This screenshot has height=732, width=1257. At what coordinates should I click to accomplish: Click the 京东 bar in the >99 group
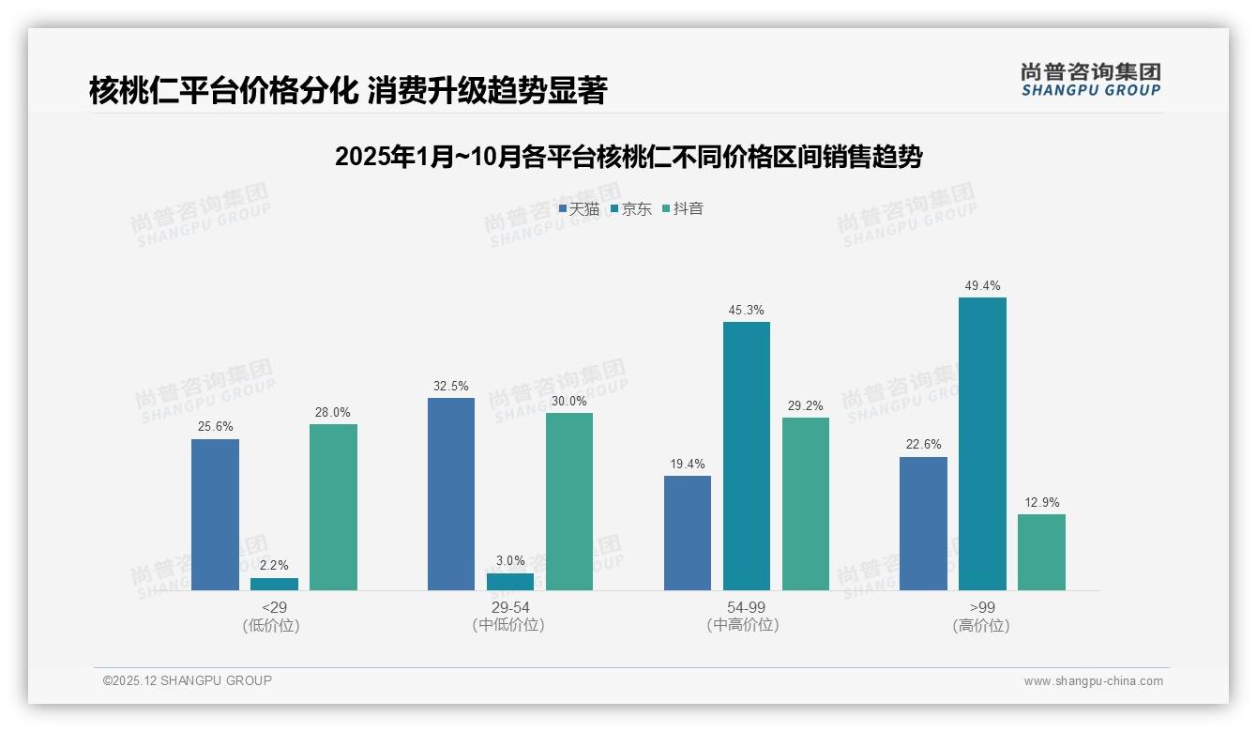(x=982, y=444)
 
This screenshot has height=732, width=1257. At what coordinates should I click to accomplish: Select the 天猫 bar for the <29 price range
(x=215, y=514)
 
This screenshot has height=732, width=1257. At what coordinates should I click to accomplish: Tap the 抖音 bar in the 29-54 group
(x=569, y=501)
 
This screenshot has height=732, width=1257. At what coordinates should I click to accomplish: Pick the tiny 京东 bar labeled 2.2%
(x=274, y=584)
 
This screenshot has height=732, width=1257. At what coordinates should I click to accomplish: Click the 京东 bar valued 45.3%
(x=747, y=456)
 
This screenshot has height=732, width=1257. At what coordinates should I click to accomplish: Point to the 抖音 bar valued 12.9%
(x=1041, y=552)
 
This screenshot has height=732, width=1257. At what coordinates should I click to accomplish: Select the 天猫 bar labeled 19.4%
(x=688, y=532)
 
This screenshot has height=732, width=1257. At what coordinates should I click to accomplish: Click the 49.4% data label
(x=982, y=285)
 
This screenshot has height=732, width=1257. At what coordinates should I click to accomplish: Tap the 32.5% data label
(x=451, y=386)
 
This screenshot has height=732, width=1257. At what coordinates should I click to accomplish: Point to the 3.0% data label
(x=510, y=560)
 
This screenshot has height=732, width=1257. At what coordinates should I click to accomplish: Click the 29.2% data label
(x=806, y=405)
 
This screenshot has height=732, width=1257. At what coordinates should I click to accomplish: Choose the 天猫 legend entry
(x=579, y=209)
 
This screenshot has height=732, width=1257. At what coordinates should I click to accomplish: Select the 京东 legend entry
(x=630, y=209)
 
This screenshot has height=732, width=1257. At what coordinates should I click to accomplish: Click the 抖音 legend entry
(x=683, y=209)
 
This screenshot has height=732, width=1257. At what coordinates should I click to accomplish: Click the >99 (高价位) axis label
(x=981, y=617)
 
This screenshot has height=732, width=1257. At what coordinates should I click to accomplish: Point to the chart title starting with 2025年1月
(x=628, y=157)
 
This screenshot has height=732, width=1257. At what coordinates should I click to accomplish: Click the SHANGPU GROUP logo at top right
(x=1090, y=80)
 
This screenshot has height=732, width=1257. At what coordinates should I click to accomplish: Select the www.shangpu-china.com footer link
(x=1093, y=681)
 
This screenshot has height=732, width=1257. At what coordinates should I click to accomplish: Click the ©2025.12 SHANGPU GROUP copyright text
(x=188, y=680)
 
